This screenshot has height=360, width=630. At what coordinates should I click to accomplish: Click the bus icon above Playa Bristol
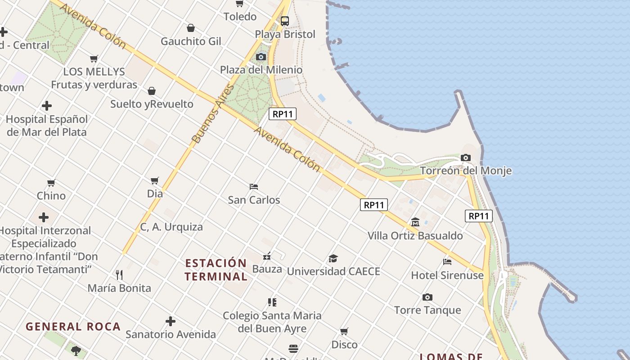click(x=284, y=21)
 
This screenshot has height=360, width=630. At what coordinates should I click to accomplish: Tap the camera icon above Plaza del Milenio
click(x=261, y=57)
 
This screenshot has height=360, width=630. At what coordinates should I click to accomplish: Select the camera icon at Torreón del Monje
click(x=466, y=157)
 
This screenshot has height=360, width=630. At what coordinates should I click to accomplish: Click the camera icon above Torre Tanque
click(x=427, y=297)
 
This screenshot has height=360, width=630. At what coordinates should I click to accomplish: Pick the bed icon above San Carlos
click(x=254, y=186)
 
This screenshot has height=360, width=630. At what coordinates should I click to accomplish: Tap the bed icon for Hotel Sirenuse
click(x=447, y=261)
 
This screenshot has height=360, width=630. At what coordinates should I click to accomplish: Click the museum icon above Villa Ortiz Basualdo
click(x=415, y=222)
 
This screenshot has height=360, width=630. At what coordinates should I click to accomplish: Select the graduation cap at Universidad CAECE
click(x=333, y=258)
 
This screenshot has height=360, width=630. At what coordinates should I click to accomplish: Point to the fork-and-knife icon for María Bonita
click(x=119, y=274)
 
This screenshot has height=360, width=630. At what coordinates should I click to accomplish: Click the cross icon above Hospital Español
click(x=47, y=106)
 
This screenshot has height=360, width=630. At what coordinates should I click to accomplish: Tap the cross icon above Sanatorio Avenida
click(x=170, y=321)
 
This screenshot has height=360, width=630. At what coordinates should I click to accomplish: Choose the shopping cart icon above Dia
click(x=155, y=180)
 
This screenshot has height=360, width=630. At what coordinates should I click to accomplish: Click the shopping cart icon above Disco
click(x=344, y=331)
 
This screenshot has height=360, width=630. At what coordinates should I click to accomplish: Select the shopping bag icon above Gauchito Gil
click(x=191, y=28)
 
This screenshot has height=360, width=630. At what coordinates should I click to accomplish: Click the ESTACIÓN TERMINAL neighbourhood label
click(x=216, y=270)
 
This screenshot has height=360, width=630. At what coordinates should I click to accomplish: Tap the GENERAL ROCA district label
click(x=73, y=327)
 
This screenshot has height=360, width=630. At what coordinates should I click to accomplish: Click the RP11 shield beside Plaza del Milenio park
click(x=283, y=114)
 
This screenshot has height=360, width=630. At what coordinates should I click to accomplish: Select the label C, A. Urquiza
click(x=171, y=227)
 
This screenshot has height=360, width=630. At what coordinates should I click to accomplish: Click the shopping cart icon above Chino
click(x=51, y=183)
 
